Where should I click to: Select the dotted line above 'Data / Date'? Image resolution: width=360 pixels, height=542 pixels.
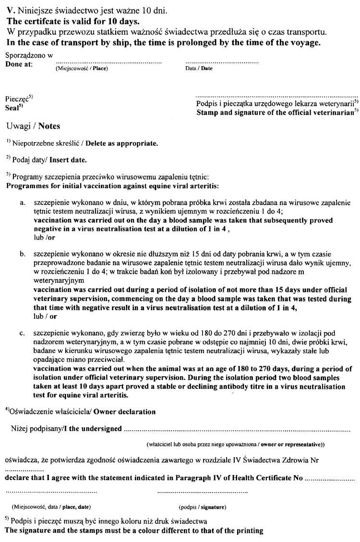221,63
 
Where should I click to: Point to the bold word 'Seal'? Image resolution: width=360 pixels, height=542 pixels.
12,108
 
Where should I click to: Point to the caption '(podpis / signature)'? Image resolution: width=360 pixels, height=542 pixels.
202,506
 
